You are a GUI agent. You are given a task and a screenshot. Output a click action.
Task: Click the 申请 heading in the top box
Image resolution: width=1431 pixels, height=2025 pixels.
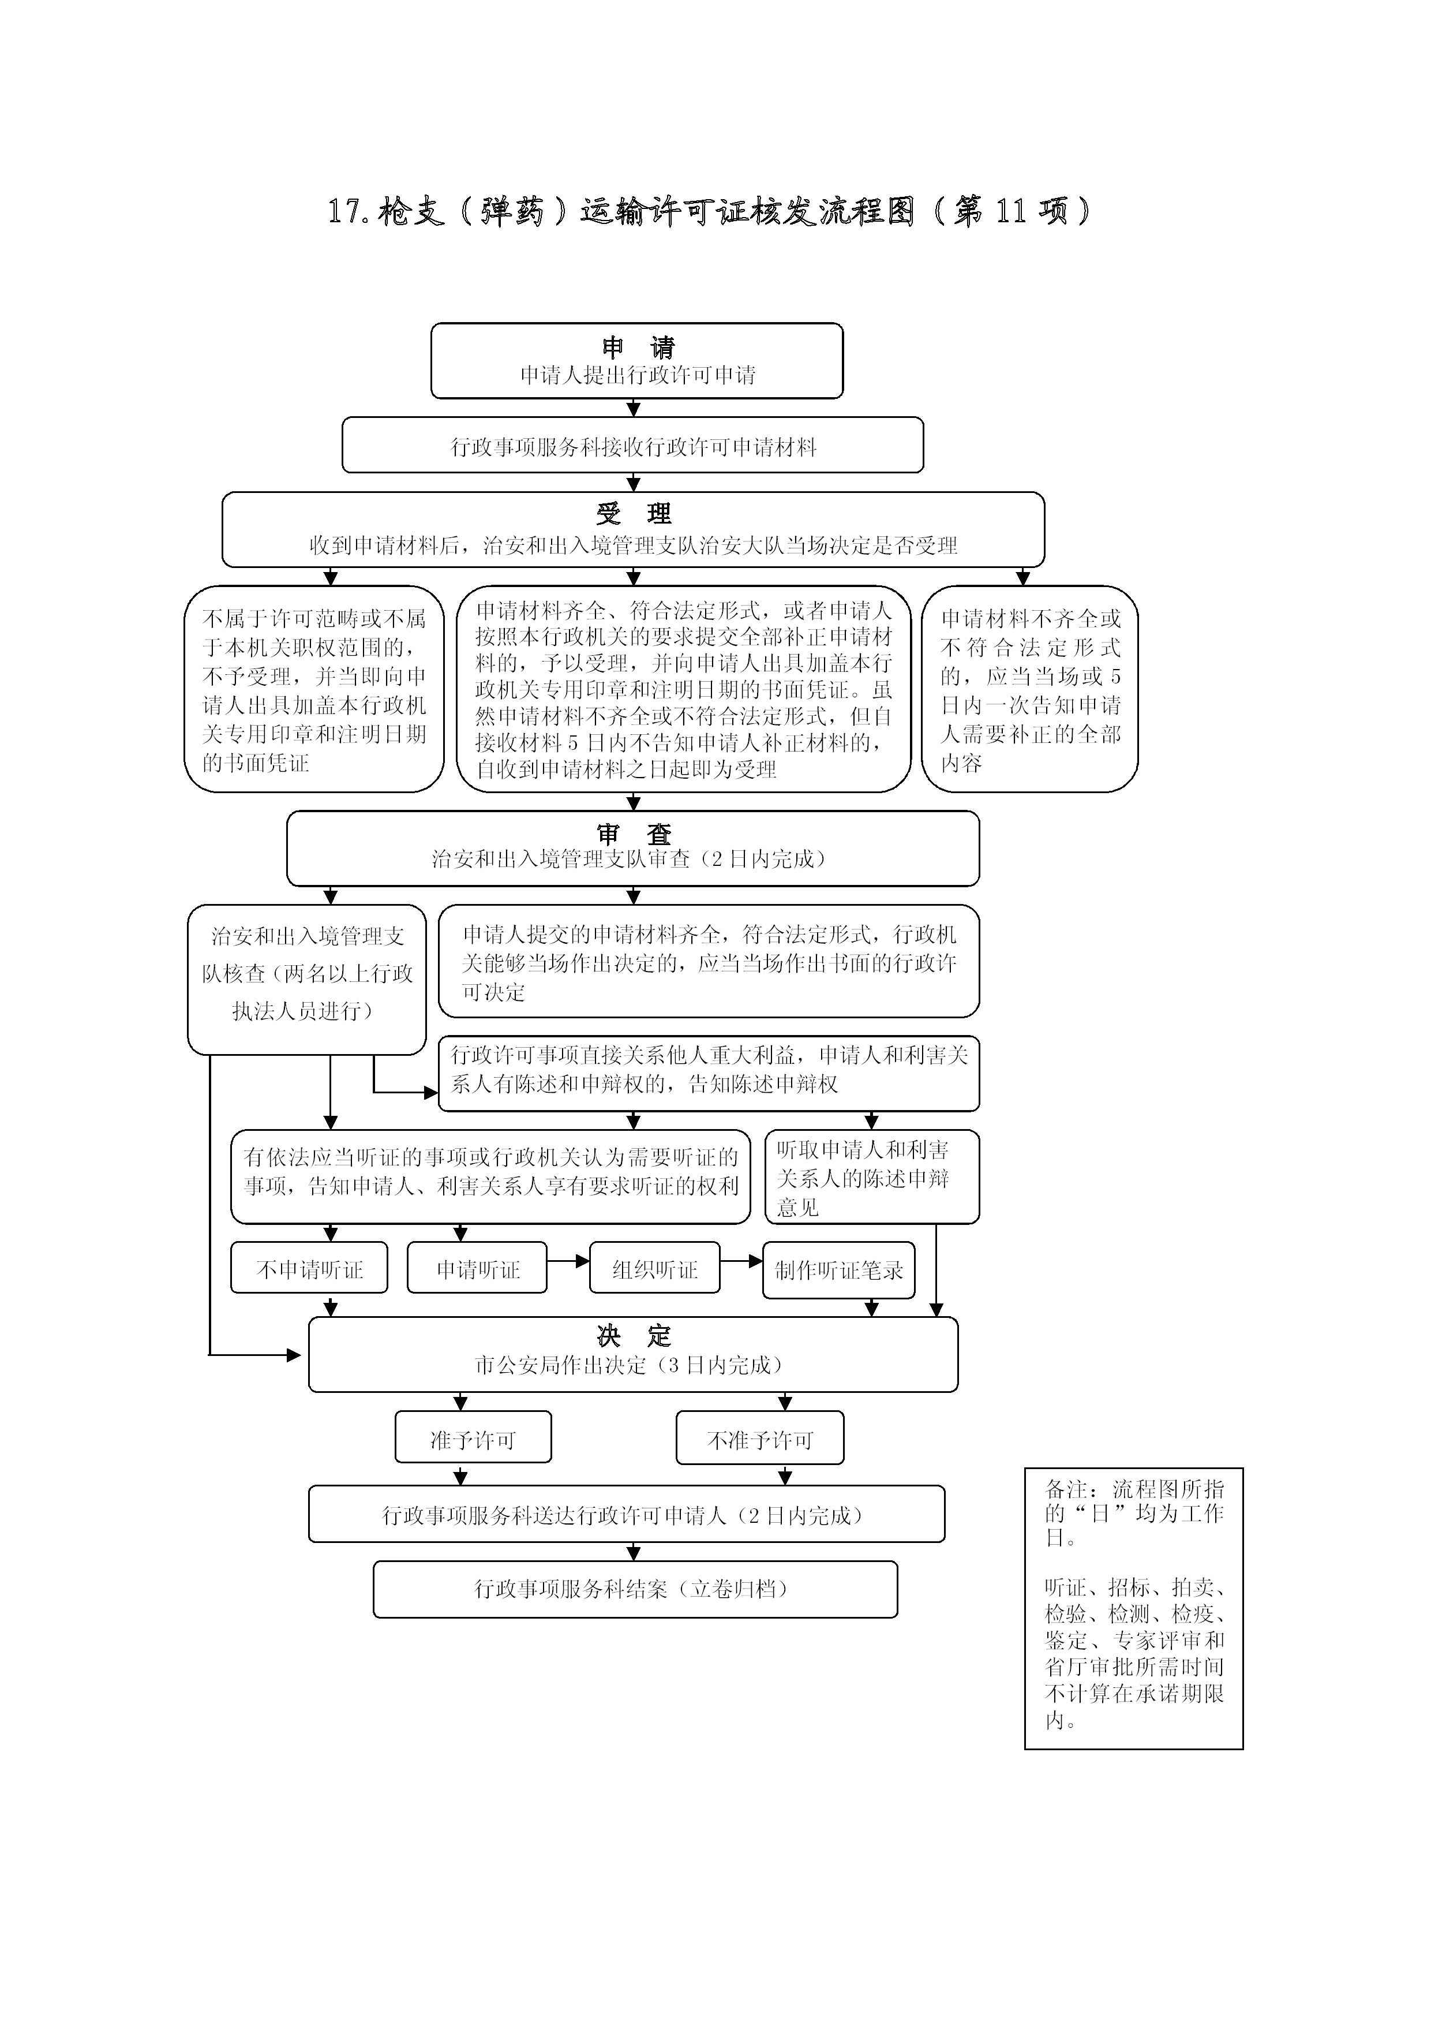coord(636,346)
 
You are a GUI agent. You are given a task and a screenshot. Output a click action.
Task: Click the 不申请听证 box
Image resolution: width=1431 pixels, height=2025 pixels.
coord(309,1269)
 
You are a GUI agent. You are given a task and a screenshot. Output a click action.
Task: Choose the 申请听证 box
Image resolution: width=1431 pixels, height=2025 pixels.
coord(477,1269)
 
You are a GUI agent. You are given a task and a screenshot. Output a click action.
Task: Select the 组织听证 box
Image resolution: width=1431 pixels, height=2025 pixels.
coord(654,1269)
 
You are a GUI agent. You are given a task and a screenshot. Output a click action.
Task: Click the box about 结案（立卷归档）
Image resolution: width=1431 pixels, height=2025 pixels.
coord(635,1589)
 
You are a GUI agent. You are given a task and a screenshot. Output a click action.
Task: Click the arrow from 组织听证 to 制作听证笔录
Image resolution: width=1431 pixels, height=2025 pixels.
coord(741,1261)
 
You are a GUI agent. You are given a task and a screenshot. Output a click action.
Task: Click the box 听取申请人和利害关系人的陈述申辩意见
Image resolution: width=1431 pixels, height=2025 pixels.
coord(871,1178)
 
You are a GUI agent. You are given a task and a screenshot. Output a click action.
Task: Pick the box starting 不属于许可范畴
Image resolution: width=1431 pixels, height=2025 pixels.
coord(314,690)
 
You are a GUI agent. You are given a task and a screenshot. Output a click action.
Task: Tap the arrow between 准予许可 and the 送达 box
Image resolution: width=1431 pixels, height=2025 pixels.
coord(460,1475)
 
